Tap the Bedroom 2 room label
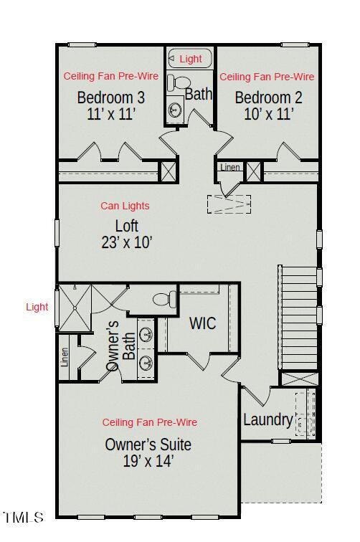264,98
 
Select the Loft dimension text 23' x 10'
127,242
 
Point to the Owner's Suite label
148,444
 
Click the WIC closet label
202,323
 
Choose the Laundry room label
267,420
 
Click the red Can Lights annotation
125,206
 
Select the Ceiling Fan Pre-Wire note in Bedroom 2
267,76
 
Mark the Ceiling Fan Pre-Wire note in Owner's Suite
149,422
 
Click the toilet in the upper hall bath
179,84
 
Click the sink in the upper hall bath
174,110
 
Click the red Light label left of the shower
37,307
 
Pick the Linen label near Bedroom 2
230,168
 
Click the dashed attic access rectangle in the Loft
229,204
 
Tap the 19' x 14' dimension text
148,461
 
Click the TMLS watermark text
23,517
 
